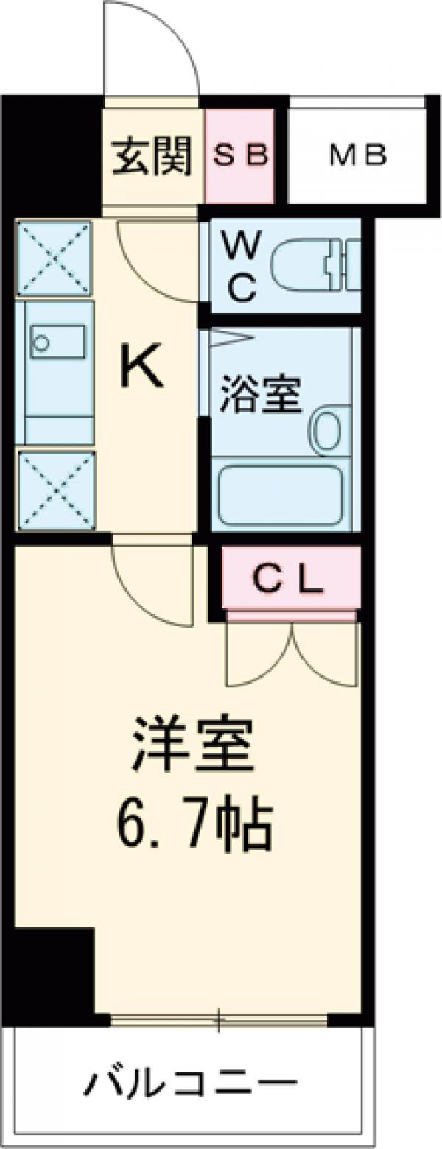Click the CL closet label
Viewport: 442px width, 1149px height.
[288, 581]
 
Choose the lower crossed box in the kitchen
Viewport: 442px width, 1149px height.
[56, 491]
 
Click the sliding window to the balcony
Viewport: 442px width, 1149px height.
[218, 1020]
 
